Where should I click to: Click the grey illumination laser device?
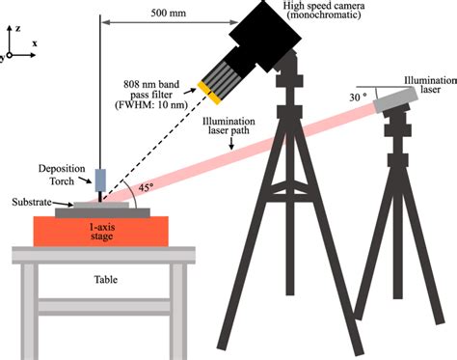click(x=394, y=97)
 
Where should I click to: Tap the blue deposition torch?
click(x=101, y=180)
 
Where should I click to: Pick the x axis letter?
click(x=35, y=44)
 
